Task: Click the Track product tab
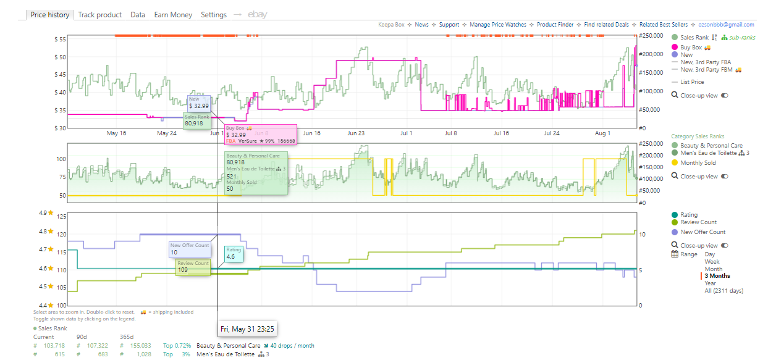coord(99,15)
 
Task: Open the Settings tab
coord(214,15)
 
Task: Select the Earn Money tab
coord(173,15)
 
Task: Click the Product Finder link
coord(555,25)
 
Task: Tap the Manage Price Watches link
coord(498,25)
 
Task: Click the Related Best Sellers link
coord(664,25)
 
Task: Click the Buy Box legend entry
coord(691,48)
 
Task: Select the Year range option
coord(710,283)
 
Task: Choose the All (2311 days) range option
coord(723,291)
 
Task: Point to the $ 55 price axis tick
coord(60,40)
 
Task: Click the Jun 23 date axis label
coord(356,133)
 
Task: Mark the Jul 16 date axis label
coord(501,133)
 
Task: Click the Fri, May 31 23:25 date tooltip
coord(247,329)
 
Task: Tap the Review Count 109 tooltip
coord(193,267)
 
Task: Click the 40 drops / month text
coord(292,345)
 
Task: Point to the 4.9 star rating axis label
coord(46,213)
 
